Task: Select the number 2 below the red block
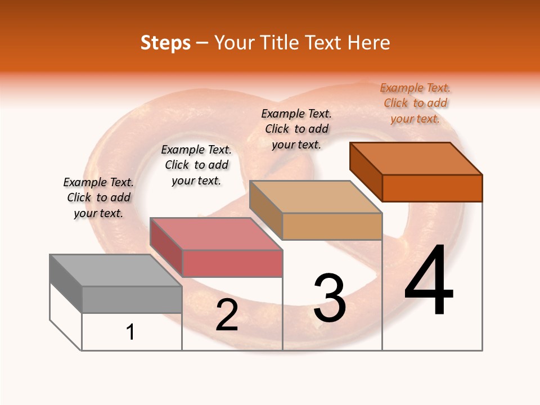pyautogui.click(x=227, y=315)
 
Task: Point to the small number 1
pyautogui.click(x=130, y=332)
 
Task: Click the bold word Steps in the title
pyautogui.click(x=165, y=43)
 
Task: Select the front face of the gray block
pyautogui.click(x=132, y=299)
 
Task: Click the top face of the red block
pyautogui.click(x=215, y=233)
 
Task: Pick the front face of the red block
pyautogui.click(x=232, y=263)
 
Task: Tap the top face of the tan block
pyautogui.click(x=315, y=197)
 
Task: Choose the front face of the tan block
pyautogui.click(x=332, y=226)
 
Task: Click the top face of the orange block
pyautogui.click(x=416, y=158)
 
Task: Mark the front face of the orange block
pyautogui.click(x=432, y=188)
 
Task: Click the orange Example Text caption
pyautogui.click(x=415, y=103)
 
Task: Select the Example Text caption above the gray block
pyautogui.click(x=98, y=197)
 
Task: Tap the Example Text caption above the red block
pyautogui.click(x=196, y=165)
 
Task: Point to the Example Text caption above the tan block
pyautogui.click(x=296, y=129)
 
